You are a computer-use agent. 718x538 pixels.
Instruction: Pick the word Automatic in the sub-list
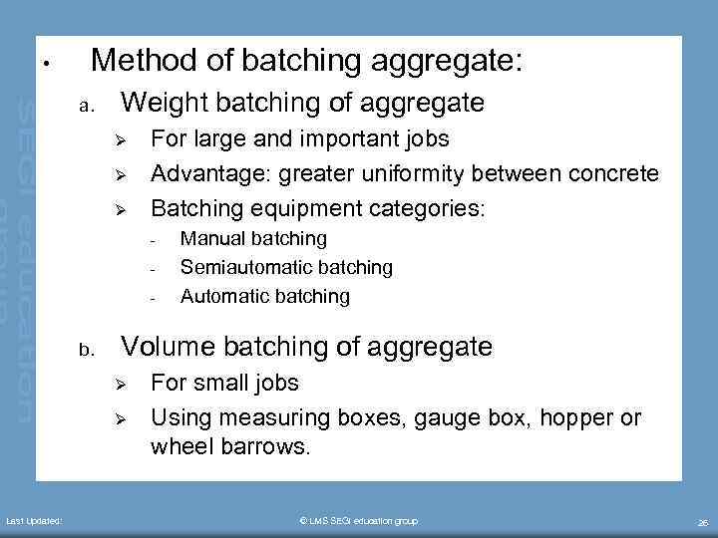(x=220, y=296)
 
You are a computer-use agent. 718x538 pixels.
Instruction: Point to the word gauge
(x=431, y=417)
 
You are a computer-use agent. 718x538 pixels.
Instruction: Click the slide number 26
(x=703, y=522)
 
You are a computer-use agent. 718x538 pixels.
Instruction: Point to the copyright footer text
(x=359, y=521)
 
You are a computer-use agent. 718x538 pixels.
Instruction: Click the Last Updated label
(x=35, y=521)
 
